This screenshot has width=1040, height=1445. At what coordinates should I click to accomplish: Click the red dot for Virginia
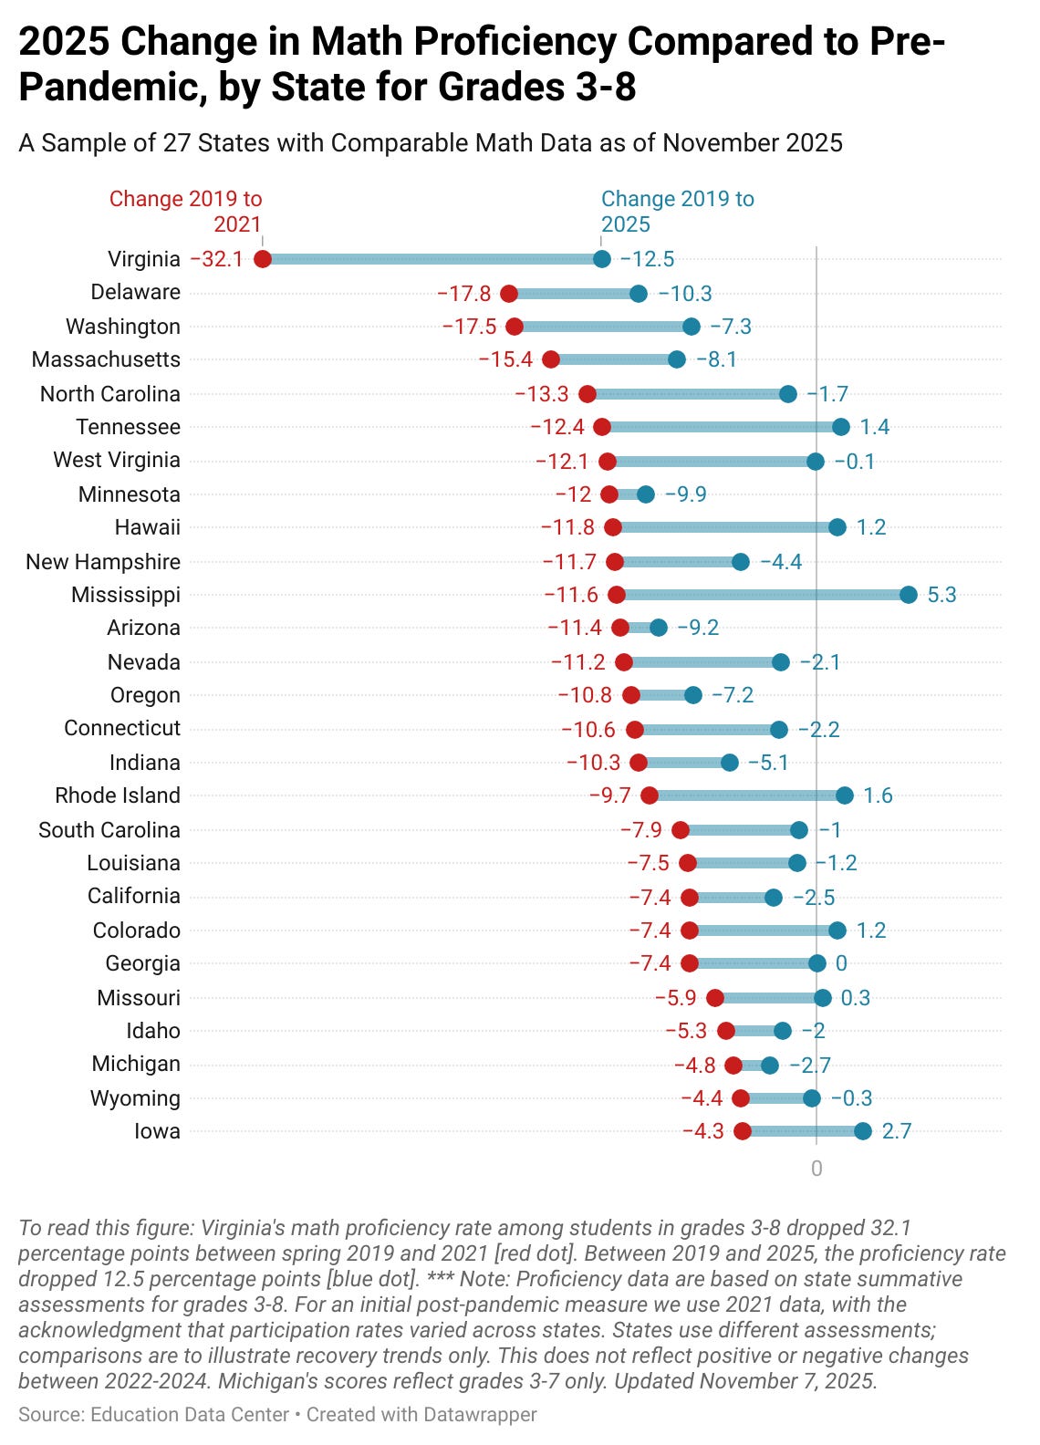click(263, 259)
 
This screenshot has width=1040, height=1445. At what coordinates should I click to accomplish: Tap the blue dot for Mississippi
click(908, 595)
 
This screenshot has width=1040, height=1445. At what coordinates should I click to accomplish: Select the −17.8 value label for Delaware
click(464, 294)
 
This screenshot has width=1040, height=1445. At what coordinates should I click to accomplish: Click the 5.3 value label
click(941, 595)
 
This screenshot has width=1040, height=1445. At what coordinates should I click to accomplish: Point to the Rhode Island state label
click(118, 795)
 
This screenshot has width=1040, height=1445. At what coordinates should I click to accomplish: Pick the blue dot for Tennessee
click(840, 427)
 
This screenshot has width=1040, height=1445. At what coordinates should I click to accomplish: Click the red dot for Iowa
click(743, 1131)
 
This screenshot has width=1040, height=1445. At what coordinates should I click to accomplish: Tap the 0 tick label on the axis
click(816, 1169)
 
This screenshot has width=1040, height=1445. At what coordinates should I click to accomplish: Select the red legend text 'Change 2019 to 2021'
click(186, 212)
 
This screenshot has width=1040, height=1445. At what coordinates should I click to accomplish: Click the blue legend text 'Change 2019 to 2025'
click(677, 212)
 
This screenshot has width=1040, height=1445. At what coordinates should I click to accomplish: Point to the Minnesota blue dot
click(645, 494)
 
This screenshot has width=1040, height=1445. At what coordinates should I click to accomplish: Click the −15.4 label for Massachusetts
click(505, 359)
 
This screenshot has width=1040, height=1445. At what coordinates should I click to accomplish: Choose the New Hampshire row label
click(103, 562)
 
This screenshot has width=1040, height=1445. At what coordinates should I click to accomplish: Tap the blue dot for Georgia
click(816, 963)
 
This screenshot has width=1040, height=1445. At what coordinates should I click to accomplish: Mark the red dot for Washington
click(515, 327)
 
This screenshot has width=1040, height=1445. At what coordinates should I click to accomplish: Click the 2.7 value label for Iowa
click(897, 1131)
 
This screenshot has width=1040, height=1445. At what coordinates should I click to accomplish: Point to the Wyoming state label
click(135, 1098)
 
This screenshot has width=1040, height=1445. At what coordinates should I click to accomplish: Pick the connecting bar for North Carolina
click(688, 394)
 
